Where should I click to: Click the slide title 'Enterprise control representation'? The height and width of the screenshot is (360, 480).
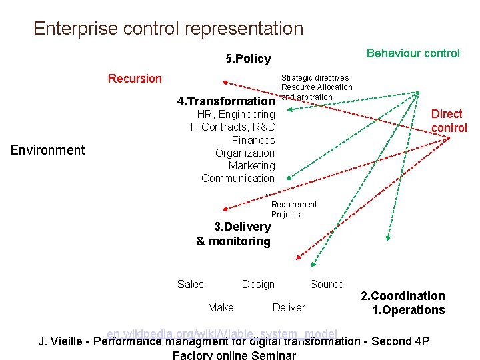tap(168, 29)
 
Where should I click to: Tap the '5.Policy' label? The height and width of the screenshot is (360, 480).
tap(248, 59)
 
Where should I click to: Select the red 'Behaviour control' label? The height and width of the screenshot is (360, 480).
tap(413, 53)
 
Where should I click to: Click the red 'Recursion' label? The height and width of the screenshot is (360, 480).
tap(135, 79)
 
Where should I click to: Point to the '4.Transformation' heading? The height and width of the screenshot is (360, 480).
tap(226, 102)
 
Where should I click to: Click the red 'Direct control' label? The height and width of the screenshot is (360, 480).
tap(449, 121)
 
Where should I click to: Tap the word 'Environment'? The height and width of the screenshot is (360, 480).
tap(48, 150)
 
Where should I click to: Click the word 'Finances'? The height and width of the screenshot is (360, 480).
tap(253, 140)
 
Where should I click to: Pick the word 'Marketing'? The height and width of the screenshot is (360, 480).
tap(251, 165)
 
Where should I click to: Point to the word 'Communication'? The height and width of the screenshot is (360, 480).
tap(238, 178)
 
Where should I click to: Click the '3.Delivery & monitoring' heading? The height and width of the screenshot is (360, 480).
tap(234, 234)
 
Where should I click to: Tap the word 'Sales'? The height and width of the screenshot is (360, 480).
tap(191, 284)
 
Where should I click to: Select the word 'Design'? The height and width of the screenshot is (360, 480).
tap(258, 284)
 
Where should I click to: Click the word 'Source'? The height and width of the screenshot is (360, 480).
tap(327, 284)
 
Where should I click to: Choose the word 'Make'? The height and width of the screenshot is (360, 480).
tap(221, 307)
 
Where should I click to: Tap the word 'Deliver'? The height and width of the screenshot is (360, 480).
tap(289, 307)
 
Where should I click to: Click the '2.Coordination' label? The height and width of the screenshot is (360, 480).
tap(403, 296)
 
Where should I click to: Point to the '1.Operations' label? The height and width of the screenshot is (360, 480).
tap(408, 310)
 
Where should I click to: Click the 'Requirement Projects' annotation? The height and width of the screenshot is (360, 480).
tap(293, 209)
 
